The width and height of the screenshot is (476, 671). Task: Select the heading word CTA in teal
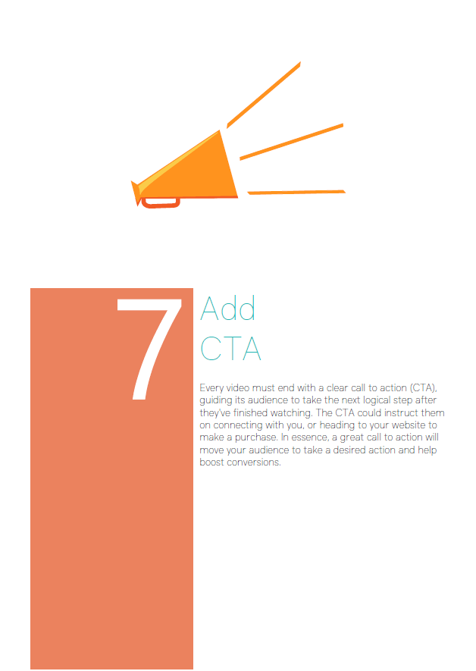230,348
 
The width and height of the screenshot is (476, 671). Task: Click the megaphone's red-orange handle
161,203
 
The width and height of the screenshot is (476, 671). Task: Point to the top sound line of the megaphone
264,95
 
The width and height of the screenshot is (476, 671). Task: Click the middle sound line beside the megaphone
291,142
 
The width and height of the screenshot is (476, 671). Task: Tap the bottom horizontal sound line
296,192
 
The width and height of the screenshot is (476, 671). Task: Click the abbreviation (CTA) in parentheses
423,388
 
